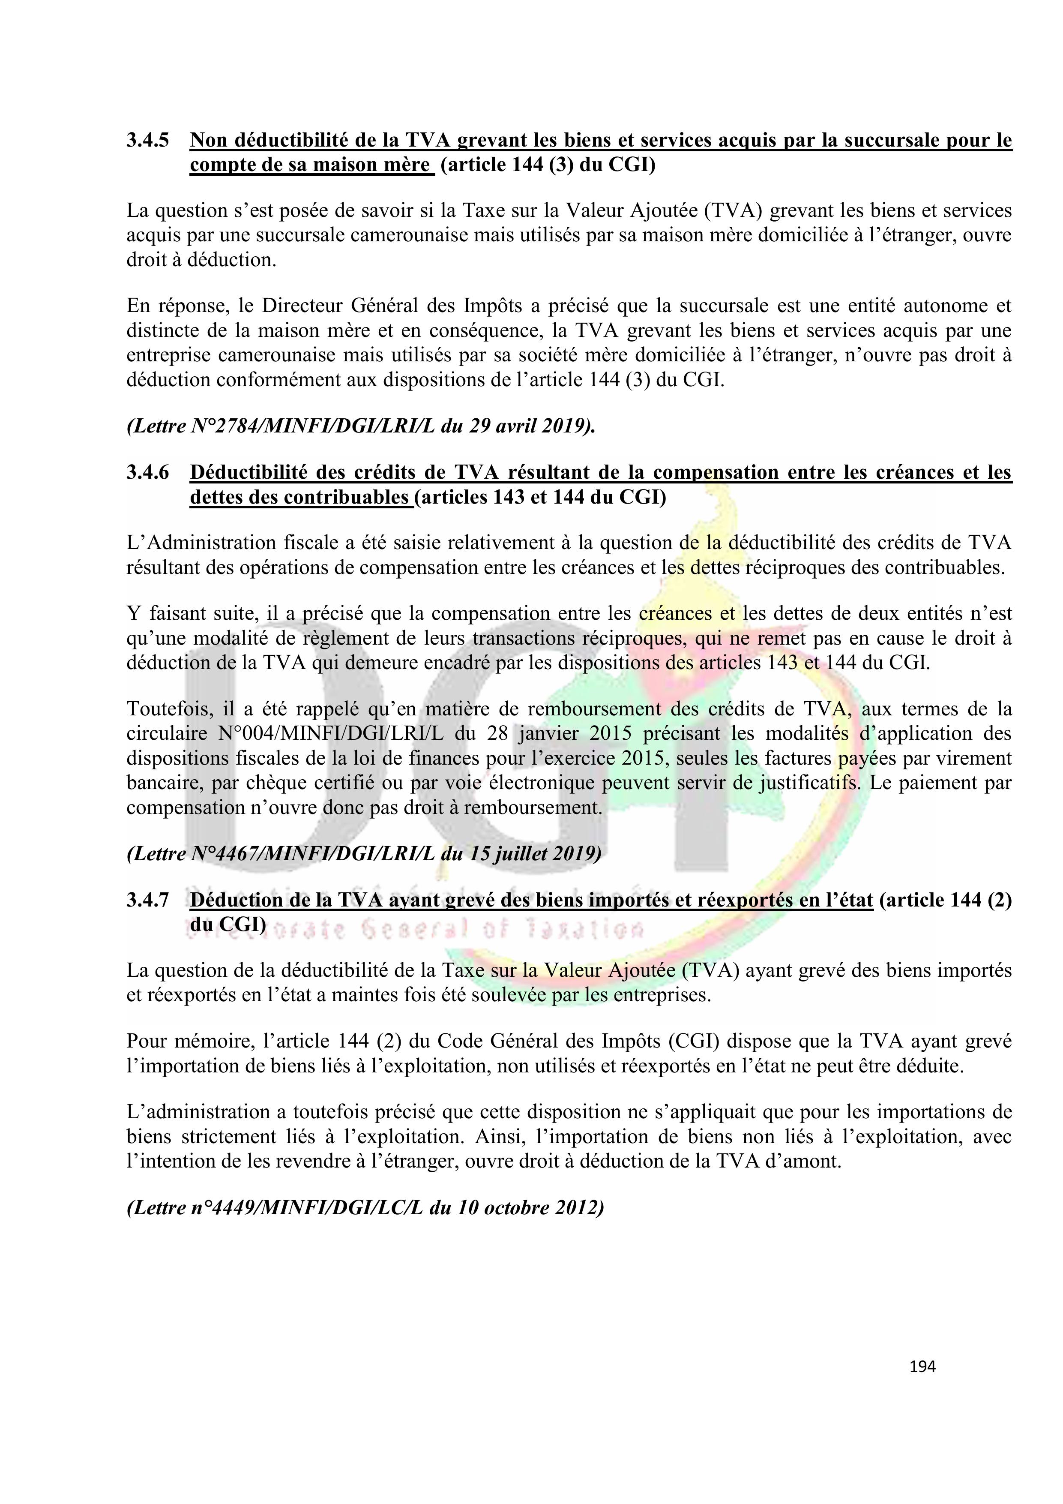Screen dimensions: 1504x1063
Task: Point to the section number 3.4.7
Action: pyautogui.click(x=147, y=900)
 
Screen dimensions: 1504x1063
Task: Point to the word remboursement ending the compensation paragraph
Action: pyautogui.click(x=531, y=807)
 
